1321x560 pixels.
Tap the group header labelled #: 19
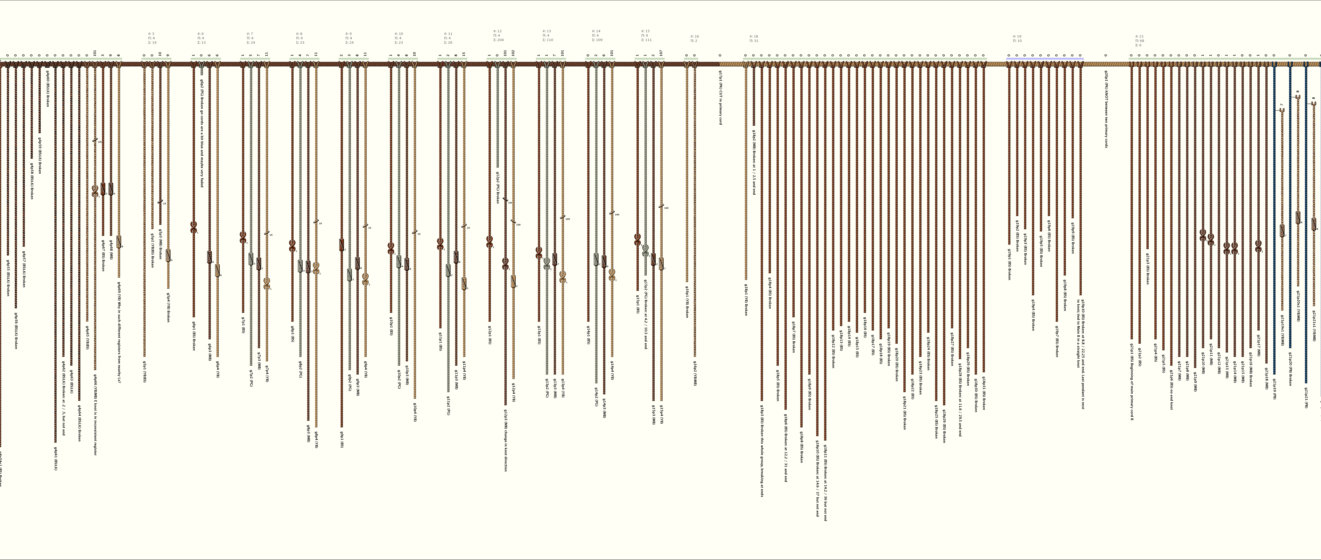1017,36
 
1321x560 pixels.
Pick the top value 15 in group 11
464,54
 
